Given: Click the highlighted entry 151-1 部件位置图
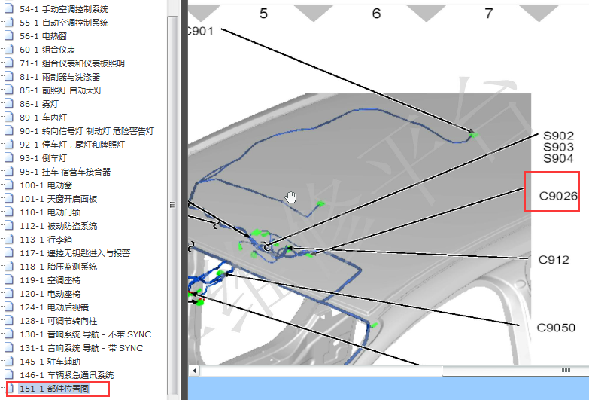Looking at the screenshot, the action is [54, 389].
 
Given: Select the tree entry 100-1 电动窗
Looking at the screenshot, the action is [45, 185].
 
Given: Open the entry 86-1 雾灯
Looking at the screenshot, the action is [38, 104].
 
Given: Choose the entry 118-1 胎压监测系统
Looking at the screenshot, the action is [58, 267].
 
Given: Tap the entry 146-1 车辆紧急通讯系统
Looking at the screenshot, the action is [66, 375].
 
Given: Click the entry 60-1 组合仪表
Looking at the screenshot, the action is [47, 50].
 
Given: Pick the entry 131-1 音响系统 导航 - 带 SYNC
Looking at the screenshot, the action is [81, 348].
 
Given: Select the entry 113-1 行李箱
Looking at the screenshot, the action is [45, 240].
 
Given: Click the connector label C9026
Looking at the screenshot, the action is [558, 196].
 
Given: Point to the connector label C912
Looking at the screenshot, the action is [554, 260].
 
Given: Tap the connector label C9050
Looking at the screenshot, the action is [556, 328].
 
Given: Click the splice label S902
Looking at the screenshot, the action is [559, 136].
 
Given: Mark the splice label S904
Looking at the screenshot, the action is [559, 158].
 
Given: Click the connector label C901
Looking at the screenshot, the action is [200, 31].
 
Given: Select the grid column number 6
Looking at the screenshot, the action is [376, 14].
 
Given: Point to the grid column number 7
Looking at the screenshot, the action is [489, 14].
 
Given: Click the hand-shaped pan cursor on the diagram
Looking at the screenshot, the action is [291, 197].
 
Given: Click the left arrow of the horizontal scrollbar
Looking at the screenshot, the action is [194, 371].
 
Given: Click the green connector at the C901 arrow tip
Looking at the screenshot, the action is [475, 134].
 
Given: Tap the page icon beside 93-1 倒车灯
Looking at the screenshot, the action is [8, 158].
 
